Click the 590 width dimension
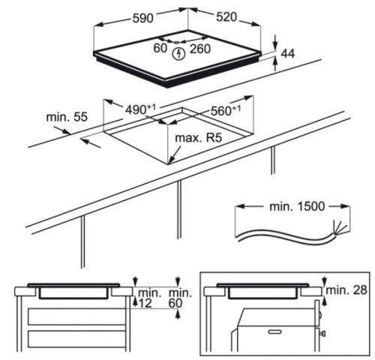(x=142, y=18)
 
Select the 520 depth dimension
(x=226, y=17)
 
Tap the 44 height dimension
(x=288, y=54)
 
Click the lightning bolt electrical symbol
(x=178, y=54)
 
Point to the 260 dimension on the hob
(x=200, y=49)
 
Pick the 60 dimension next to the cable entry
(x=160, y=48)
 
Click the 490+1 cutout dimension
(x=140, y=109)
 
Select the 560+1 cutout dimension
(x=226, y=110)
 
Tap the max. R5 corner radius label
(x=199, y=138)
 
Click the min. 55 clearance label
(x=67, y=117)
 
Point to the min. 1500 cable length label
(x=297, y=206)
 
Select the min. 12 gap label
(x=148, y=298)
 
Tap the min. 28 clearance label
(x=346, y=290)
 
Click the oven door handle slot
(x=274, y=332)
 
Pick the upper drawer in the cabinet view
(x=76, y=316)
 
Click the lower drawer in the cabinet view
(x=76, y=339)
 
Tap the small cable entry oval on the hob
(x=176, y=43)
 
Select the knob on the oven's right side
(x=322, y=334)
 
